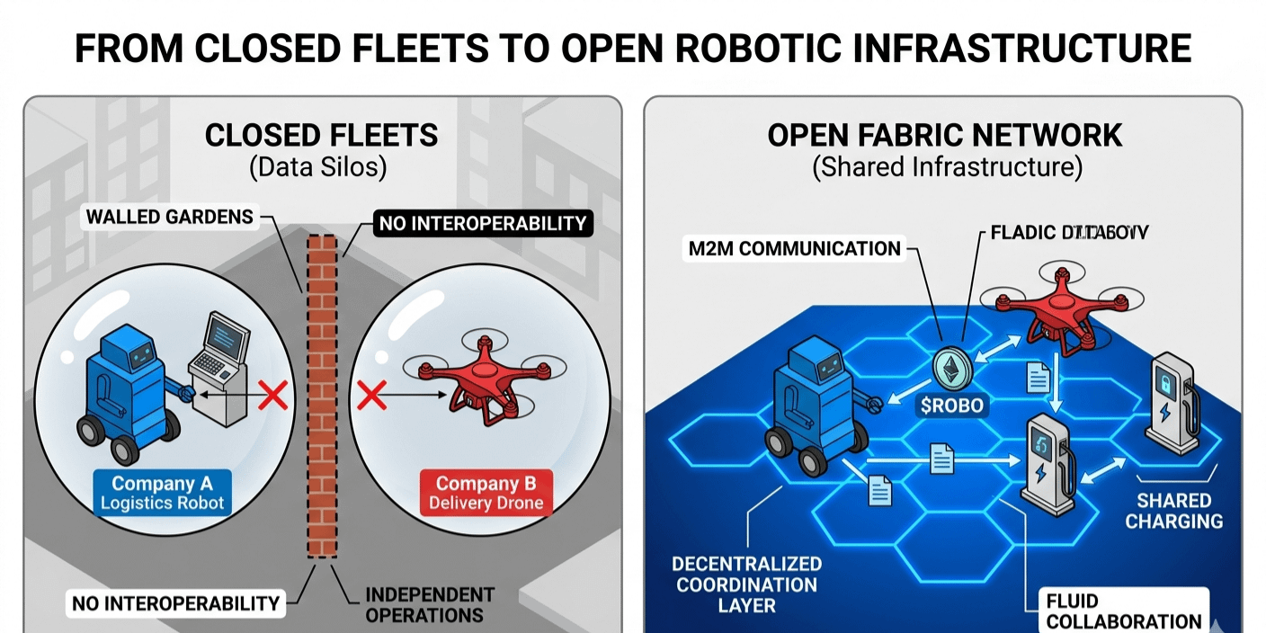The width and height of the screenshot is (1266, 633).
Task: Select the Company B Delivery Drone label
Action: (x=486, y=493)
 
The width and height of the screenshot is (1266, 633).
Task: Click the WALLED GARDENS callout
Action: (x=168, y=217)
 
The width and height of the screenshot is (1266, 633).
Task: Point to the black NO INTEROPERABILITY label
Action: (x=482, y=222)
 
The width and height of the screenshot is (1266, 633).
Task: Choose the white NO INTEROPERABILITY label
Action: (x=175, y=603)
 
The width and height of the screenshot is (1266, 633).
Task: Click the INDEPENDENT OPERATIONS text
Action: (x=430, y=605)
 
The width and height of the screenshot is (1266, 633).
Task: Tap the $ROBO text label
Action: (x=952, y=406)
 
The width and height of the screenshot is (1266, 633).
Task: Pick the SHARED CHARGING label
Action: (x=1174, y=510)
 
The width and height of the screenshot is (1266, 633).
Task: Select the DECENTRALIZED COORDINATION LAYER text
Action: (x=746, y=584)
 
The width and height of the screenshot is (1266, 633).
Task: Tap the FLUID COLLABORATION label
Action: (x=1123, y=611)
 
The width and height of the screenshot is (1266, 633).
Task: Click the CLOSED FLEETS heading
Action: (x=322, y=136)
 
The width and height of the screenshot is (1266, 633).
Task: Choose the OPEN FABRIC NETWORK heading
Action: (x=945, y=136)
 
